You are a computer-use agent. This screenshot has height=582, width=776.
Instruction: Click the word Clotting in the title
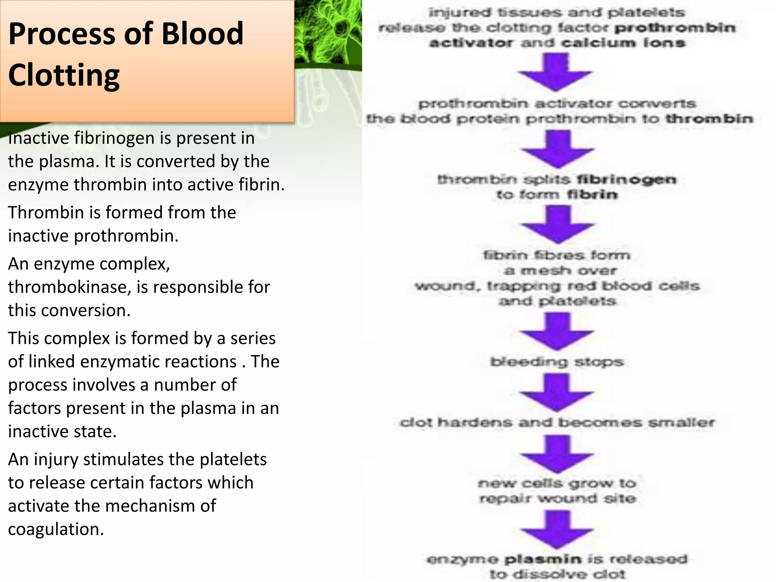[64, 75]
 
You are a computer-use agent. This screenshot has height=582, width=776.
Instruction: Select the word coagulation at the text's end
[56, 529]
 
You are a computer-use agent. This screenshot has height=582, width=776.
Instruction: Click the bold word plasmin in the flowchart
[543, 559]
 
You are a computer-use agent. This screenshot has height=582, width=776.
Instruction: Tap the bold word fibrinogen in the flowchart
[626, 179]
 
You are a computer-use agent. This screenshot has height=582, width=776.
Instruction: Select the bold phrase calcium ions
[623, 43]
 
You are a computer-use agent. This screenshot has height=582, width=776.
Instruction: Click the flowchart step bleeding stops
[557, 362]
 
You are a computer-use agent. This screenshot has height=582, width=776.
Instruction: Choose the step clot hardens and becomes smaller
[557, 422]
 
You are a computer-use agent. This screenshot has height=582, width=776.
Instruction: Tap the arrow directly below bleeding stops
[556, 392]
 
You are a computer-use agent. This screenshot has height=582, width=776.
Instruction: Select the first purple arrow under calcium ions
[555, 72]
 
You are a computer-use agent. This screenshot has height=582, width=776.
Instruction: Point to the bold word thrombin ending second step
[709, 119]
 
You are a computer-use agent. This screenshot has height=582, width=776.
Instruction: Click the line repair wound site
[557, 498]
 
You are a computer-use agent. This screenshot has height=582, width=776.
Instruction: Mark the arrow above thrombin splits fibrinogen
[557, 149]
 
